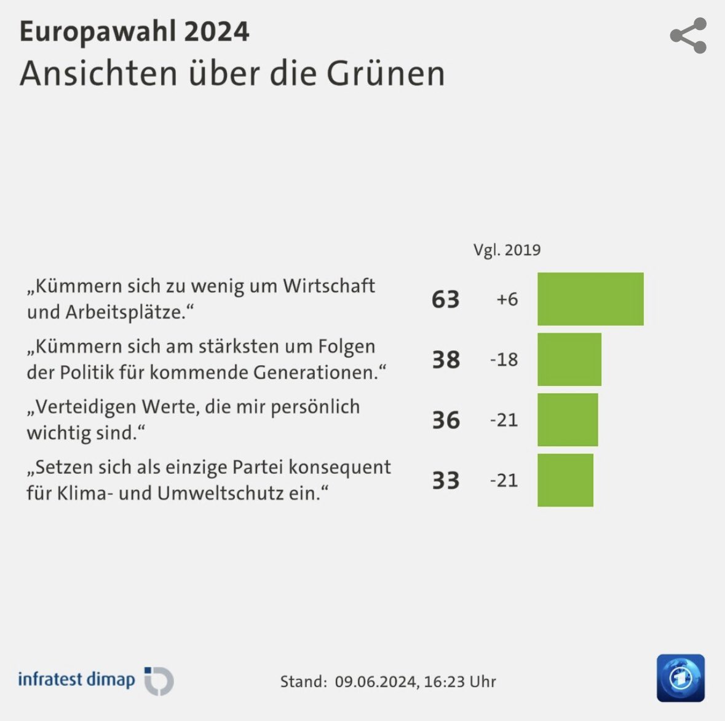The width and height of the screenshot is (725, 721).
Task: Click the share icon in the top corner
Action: (688, 36)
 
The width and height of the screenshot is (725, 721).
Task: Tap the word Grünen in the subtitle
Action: (386, 74)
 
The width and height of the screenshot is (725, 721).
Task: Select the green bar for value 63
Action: (590, 299)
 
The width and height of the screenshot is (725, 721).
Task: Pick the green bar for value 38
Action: (569, 360)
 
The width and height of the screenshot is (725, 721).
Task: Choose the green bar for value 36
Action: (567, 420)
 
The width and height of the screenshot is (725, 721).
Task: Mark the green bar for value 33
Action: (565, 480)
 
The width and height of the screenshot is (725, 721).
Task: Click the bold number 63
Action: (445, 299)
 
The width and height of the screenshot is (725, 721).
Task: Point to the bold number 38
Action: (445, 360)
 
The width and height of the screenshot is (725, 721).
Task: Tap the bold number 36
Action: (445, 420)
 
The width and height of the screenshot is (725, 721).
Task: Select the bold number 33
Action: (445, 481)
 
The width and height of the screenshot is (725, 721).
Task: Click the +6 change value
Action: (507, 299)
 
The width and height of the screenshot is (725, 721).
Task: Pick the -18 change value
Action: (504, 360)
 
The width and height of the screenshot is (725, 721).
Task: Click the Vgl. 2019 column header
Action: (507, 250)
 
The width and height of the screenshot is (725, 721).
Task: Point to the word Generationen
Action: (320, 372)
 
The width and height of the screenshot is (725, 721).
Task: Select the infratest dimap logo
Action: (95, 680)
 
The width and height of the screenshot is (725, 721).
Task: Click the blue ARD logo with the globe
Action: (680, 678)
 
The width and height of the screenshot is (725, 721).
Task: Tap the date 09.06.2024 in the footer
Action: (374, 682)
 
